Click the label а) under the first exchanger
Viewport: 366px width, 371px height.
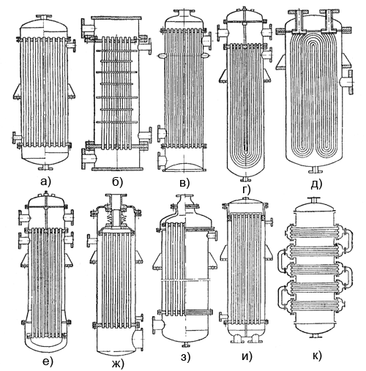pyautogui.click(x=45, y=181)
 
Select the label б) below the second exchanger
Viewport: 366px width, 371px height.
pyautogui.click(x=117, y=181)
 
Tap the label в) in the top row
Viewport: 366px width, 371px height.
pyautogui.click(x=184, y=183)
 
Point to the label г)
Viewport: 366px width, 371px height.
pyautogui.click(x=246, y=190)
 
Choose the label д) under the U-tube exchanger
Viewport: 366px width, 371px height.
pyautogui.click(x=316, y=184)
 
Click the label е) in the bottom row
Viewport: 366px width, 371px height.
pyautogui.click(x=48, y=361)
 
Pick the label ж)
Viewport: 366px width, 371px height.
pyautogui.click(x=118, y=364)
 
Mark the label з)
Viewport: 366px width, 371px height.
pyautogui.click(x=185, y=357)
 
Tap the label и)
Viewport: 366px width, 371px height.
pyautogui.click(x=247, y=356)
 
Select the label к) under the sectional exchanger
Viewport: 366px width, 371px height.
pyautogui.click(x=317, y=356)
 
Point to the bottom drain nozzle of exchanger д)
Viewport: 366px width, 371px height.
pyautogui.click(x=315, y=170)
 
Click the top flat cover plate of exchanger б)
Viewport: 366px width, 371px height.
pyautogui.click(x=116, y=18)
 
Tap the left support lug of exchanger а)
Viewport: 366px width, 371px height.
pyautogui.click(x=17, y=91)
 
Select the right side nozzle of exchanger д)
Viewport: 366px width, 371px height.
pyautogui.click(x=347, y=82)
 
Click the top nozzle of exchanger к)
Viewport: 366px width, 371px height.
pyautogui.click(x=314, y=201)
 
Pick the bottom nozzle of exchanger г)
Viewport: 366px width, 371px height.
pyautogui.click(x=245, y=179)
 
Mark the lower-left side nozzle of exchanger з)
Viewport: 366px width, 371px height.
pyautogui.click(x=159, y=325)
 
